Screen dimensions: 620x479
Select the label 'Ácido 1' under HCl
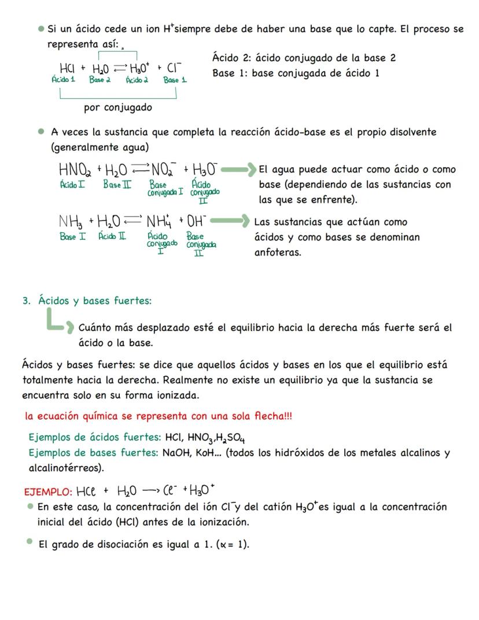[64, 80]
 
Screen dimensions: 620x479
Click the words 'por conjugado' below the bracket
[118, 108]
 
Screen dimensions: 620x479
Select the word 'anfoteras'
[277, 252]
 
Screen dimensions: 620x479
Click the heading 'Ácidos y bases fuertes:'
[95, 300]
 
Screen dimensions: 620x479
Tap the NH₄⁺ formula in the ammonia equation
[159, 221]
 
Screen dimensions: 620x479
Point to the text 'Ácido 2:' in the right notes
[231, 58]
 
